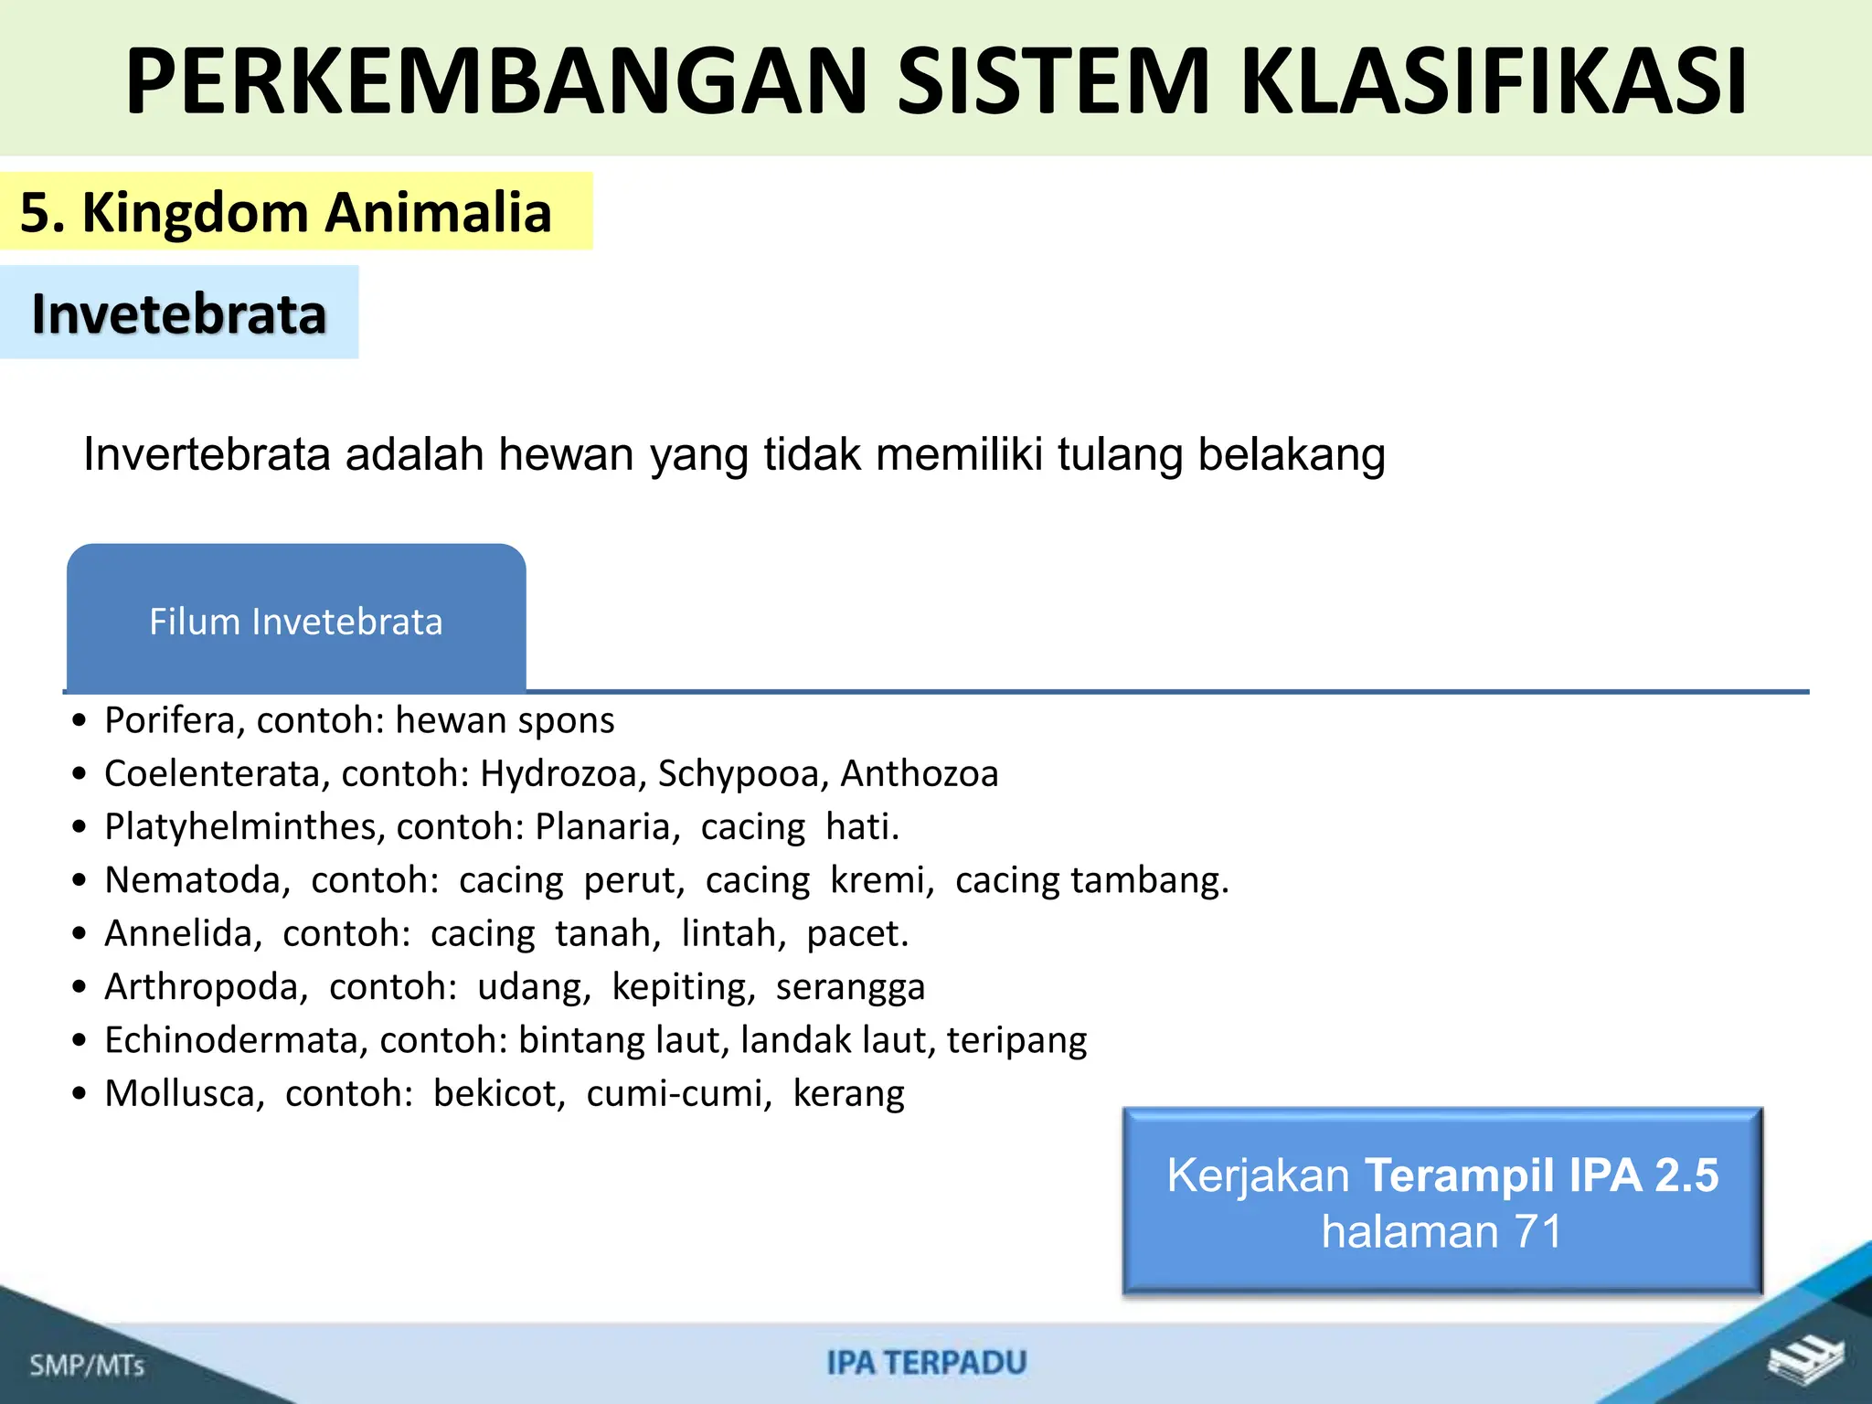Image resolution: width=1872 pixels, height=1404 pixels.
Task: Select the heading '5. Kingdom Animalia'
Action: coord(286,212)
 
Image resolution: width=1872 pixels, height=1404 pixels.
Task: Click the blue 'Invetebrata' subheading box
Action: coord(179,314)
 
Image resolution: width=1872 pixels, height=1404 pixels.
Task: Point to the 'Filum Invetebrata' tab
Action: coord(296,622)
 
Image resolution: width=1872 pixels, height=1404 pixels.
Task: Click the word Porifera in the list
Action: coord(170,720)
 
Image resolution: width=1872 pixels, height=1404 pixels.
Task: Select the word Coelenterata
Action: coord(217,773)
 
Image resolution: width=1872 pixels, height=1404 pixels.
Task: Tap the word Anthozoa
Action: coord(920,773)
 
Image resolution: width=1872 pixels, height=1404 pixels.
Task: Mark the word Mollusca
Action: coord(184,1093)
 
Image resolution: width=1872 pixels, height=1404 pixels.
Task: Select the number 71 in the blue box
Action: coord(1538,1231)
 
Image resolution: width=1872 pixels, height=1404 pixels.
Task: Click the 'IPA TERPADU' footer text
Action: coord(927,1363)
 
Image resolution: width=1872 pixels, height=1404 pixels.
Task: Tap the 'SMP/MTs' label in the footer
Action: coord(87,1366)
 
